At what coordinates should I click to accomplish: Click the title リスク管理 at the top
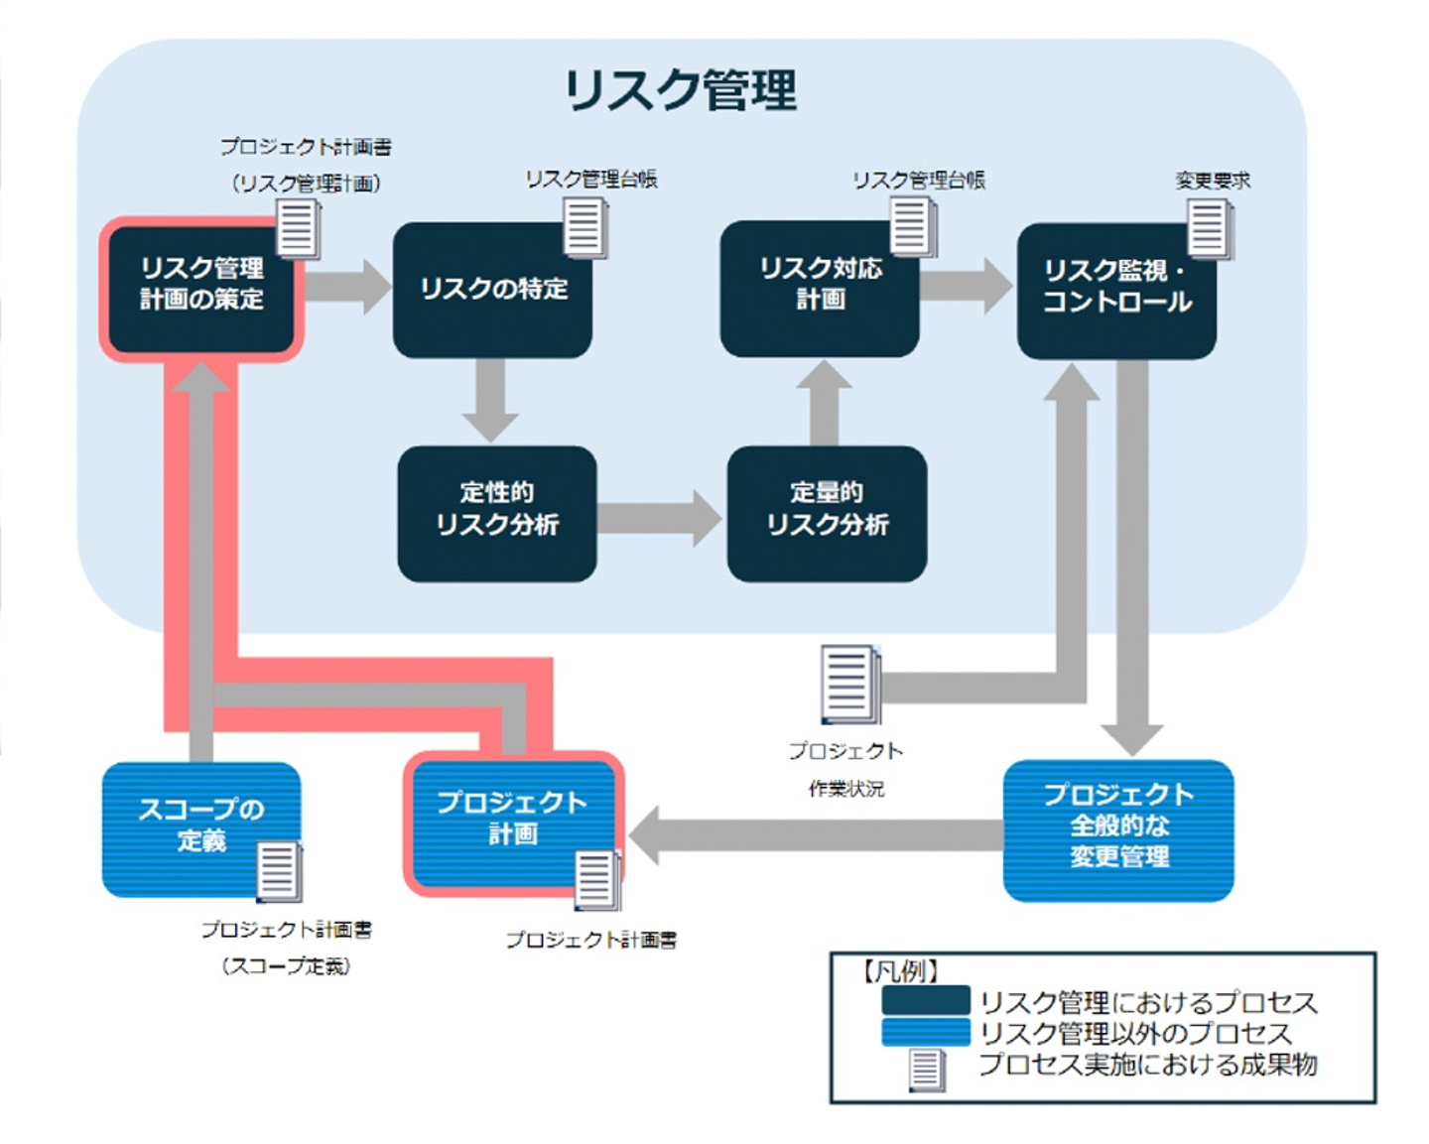pos(680,90)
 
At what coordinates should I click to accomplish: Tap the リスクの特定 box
pos(492,290)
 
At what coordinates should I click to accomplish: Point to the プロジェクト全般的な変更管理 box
pos(1118,829)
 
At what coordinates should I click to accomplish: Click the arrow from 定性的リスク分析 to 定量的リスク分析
pos(659,517)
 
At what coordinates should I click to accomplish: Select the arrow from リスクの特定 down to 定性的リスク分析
pos(490,400)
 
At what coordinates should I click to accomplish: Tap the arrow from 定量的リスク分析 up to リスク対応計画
pos(824,402)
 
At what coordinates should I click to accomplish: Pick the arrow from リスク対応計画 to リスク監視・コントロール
pos(966,285)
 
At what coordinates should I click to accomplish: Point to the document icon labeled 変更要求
pos(1210,229)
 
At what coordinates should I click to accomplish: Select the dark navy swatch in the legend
pos(925,1000)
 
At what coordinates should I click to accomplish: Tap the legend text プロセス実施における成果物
pos(1147,1066)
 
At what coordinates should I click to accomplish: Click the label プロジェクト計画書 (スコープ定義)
pos(286,948)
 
